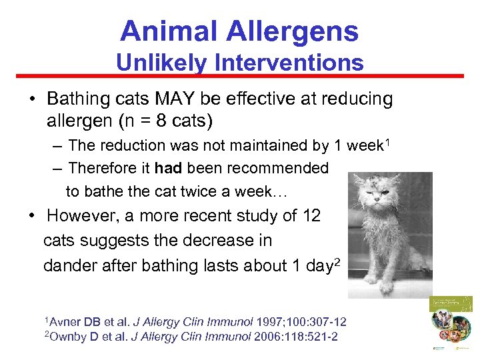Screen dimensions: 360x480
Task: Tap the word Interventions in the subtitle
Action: pos(290,63)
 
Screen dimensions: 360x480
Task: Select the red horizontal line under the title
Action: pos(240,76)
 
